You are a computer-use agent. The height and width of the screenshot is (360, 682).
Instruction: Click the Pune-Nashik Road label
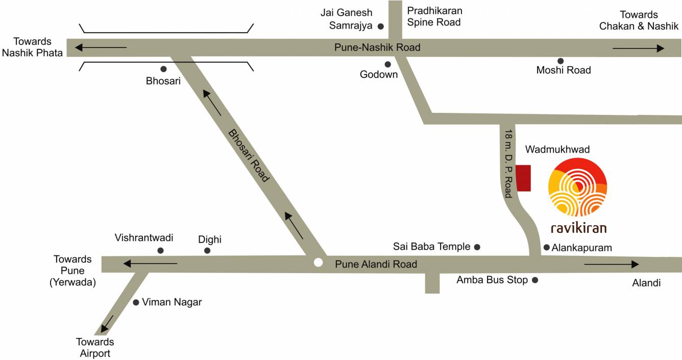(377, 47)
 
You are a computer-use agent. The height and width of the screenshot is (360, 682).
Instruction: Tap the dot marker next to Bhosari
(163, 69)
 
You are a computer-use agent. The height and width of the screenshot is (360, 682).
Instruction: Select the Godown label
(378, 75)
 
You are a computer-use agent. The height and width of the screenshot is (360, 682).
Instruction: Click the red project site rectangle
(523, 178)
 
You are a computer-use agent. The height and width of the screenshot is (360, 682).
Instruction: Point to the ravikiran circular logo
(577, 187)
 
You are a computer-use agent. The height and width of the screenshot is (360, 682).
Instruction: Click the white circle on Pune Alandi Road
(318, 262)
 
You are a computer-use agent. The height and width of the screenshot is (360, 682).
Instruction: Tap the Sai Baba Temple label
(431, 247)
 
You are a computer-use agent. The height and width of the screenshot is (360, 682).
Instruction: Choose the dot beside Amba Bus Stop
(535, 280)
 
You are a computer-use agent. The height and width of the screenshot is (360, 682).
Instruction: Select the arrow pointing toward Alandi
(611, 264)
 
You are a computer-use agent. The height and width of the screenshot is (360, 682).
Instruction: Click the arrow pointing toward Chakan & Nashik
(638, 49)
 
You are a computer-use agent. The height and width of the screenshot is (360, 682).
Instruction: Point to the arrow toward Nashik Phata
(101, 47)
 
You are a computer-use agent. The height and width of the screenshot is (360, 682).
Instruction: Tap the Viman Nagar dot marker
(136, 302)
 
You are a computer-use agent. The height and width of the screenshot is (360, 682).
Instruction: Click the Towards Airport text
(95, 347)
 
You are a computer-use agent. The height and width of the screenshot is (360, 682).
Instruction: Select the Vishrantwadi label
(144, 237)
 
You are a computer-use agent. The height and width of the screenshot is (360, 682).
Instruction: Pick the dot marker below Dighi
(207, 250)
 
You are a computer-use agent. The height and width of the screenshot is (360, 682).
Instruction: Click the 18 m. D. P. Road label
(508, 163)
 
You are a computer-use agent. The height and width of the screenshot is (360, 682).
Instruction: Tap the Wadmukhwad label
(557, 150)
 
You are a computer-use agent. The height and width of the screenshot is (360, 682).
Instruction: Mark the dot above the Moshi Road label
(560, 61)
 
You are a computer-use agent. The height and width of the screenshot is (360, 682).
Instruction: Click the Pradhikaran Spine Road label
(434, 16)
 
